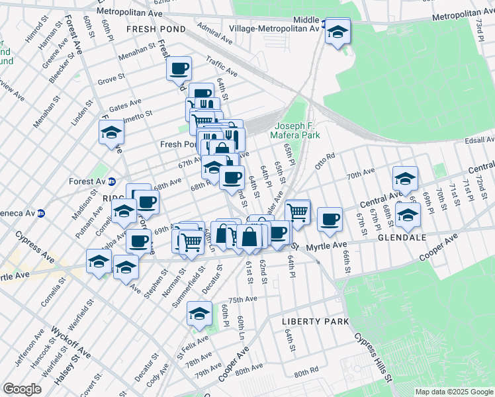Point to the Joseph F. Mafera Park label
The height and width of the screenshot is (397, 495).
click(x=297, y=130)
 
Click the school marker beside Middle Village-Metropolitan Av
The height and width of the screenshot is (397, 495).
click(x=338, y=32)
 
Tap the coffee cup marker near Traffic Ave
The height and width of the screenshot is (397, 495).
click(x=179, y=68)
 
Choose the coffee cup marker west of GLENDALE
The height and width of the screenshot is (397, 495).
click(x=329, y=220)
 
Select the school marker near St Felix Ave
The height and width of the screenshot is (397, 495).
click(x=199, y=314)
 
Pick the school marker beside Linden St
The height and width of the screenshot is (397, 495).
click(x=112, y=132)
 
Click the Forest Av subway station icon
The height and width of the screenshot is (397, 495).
click(x=112, y=181)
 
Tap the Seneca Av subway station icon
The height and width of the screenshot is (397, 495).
click(x=41, y=213)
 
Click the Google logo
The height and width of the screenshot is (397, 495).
click(x=22, y=389)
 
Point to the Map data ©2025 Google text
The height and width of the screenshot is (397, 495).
click(x=453, y=392)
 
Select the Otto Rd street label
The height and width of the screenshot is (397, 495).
click(x=325, y=161)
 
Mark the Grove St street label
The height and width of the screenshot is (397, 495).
click(x=111, y=79)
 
